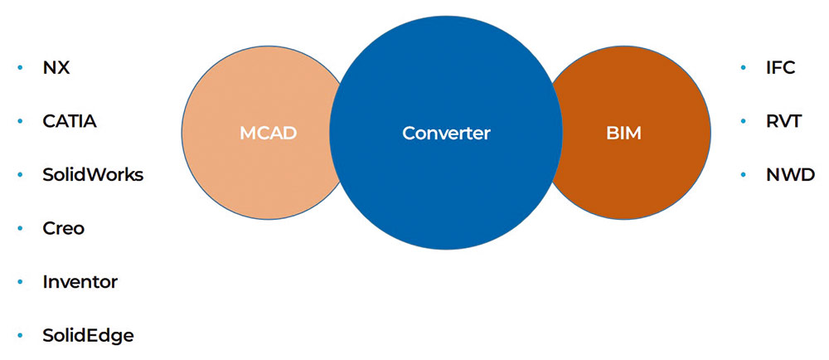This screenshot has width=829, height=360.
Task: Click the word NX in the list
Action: [x=56, y=68]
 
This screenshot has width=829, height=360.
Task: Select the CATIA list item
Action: [x=70, y=121]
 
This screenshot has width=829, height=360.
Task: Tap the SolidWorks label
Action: [x=93, y=175]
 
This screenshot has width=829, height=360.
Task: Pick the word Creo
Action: [x=64, y=228]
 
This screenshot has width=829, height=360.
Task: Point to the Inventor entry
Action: [x=80, y=282]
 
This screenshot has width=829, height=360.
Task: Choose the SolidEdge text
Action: [x=88, y=335]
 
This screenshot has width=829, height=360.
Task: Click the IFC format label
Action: [x=780, y=68]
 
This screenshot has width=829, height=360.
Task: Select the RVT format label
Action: [x=783, y=121]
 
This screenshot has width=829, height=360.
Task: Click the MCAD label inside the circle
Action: [x=268, y=133]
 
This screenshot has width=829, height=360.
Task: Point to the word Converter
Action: [x=446, y=133]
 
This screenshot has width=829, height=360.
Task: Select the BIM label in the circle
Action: [x=623, y=133]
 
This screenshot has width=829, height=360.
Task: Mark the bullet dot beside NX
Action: [x=20, y=68]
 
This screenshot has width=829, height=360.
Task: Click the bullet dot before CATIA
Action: [x=20, y=121]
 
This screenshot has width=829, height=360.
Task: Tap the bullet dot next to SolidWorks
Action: [x=20, y=175]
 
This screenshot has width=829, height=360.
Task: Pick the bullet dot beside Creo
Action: [x=20, y=228]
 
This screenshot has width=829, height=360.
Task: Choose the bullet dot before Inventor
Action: [x=20, y=282]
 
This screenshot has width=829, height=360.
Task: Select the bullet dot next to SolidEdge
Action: [x=20, y=335]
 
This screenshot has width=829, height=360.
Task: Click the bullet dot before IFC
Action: [x=744, y=68]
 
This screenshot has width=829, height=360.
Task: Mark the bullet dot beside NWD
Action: [x=744, y=175]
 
